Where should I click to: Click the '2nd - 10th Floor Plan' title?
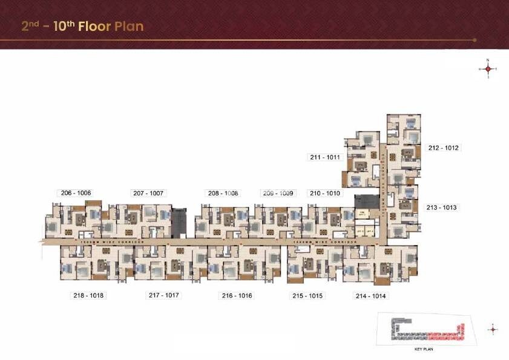click(x=82, y=27)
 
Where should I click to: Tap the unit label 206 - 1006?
click(x=76, y=193)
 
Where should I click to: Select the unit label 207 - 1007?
click(x=148, y=193)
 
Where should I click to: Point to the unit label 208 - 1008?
click(x=223, y=193)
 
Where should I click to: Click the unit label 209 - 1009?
click(x=278, y=193)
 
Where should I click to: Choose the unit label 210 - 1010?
click(x=326, y=193)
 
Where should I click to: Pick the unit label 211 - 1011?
click(x=326, y=157)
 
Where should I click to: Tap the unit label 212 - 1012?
click(x=444, y=148)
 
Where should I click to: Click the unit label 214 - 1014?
click(x=370, y=296)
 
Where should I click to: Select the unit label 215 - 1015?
click(x=308, y=296)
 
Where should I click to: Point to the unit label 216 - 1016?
click(x=237, y=296)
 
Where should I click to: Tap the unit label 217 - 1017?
click(x=165, y=295)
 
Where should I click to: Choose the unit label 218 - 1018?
click(x=88, y=295)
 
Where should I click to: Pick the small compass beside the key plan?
click(x=493, y=330)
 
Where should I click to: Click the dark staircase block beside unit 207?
click(x=179, y=223)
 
